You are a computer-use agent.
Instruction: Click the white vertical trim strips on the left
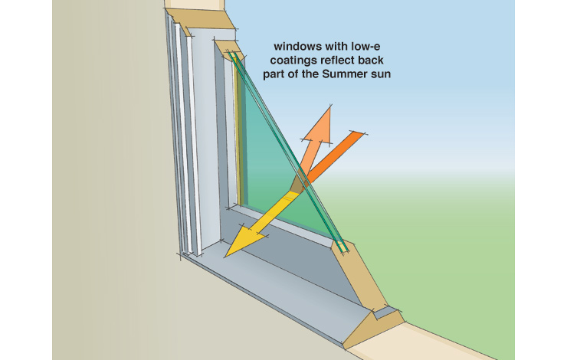[184, 138]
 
